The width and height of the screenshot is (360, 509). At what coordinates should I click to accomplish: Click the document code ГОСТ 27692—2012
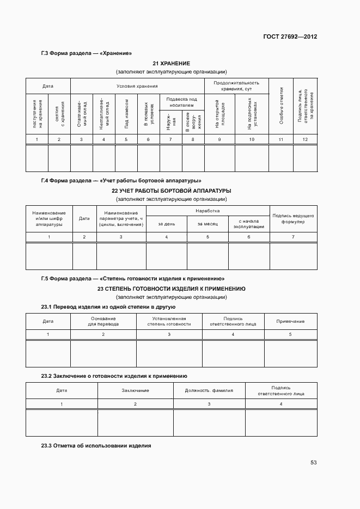[x=290, y=37]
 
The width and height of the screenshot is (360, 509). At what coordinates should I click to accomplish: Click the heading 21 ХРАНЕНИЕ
[x=171, y=64]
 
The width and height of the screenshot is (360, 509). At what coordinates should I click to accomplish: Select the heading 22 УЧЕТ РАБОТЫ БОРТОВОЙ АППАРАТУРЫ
[x=171, y=191]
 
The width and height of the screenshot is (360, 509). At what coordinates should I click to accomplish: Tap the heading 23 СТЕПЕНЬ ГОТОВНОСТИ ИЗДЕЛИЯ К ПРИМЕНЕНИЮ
[x=171, y=289]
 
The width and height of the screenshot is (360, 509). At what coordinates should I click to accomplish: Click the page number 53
[x=313, y=463]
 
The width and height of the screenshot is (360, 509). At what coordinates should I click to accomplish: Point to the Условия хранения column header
[x=137, y=86]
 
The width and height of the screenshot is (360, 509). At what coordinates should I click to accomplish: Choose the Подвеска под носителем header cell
[x=181, y=102]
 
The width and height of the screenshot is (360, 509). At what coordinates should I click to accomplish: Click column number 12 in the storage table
[x=305, y=140]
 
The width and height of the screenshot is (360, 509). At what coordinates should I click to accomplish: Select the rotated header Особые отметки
[x=282, y=105]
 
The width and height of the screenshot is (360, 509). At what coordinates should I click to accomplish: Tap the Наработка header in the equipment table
[x=208, y=210]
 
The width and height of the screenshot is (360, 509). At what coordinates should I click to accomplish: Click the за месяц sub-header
[x=208, y=224]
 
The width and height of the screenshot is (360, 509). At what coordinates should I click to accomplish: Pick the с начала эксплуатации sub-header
[x=249, y=224]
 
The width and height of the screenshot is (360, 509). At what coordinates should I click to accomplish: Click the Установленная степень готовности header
[x=169, y=321]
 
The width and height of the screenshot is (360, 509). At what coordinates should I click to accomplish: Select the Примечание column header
[x=290, y=321]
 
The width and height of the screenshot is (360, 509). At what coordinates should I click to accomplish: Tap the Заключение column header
[x=136, y=390]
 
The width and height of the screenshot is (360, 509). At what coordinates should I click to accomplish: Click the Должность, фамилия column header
[x=209, y=390]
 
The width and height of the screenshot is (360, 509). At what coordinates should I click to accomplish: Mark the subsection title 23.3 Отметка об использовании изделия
[x=96, y=446]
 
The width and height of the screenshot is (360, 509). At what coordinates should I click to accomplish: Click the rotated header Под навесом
[x=126, y=113]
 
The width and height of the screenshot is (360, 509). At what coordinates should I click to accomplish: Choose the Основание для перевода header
[x=103, y=321]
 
